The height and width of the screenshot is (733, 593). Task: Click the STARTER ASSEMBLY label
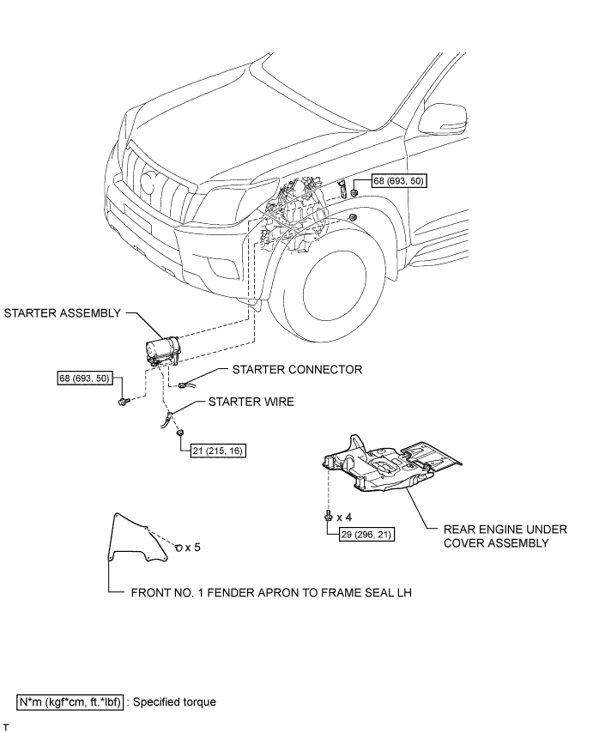[x=62, y=313]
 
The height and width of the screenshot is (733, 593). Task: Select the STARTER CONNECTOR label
[x=297, y=370]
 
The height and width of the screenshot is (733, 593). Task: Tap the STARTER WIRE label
[x=251, y=402]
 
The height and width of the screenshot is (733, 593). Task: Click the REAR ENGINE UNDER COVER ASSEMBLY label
[x=505, y=536]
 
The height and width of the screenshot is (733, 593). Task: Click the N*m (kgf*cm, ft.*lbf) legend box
[x=70, y=702]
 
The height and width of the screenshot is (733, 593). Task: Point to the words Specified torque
[x=175, y=702]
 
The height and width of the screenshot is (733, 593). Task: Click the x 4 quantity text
[x=344, y=517]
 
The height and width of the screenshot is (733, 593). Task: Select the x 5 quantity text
[x=192, y=547]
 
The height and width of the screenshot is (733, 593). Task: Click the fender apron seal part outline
[x=112, y=537]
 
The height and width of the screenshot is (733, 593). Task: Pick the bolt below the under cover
[x=328, y=516]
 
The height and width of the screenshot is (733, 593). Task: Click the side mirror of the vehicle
[x=442, y=120]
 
